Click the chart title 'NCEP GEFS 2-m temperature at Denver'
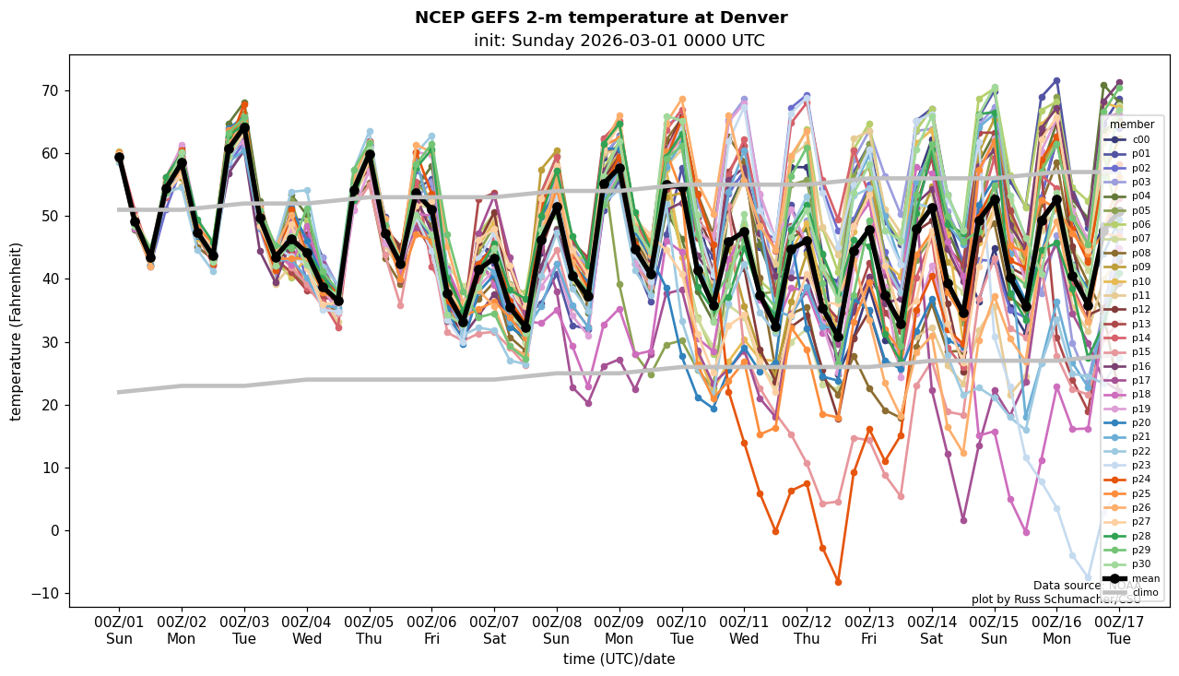(x=601, y=18)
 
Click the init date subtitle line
(x=619, y=41)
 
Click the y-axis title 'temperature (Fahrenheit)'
(x=17, y=331)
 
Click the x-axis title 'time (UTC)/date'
(x=619, y=659)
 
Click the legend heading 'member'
(x=1131, y=125)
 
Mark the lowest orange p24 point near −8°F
(x=838, y=582)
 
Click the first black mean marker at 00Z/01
(x=119, y=158)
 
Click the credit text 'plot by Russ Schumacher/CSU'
(x=1055, y=599)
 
